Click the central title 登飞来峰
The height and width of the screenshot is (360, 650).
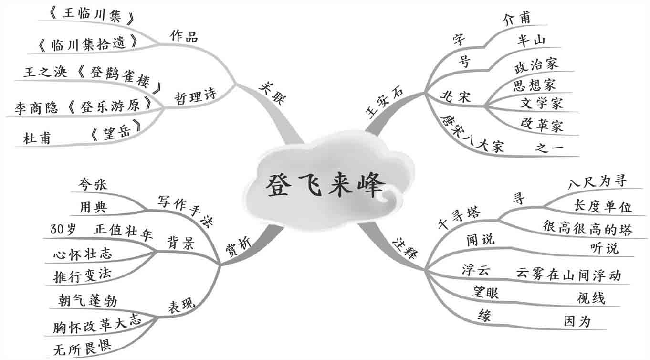[x=324, y=186]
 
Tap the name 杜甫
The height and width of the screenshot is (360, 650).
[x=37, y=138]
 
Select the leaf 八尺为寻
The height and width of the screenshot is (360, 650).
[x=597, y=181]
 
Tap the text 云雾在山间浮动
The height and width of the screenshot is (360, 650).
[x=568, y=275]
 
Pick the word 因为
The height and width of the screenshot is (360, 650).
[x=577, y=322]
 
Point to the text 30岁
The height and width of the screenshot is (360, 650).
[x=63, y=230]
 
